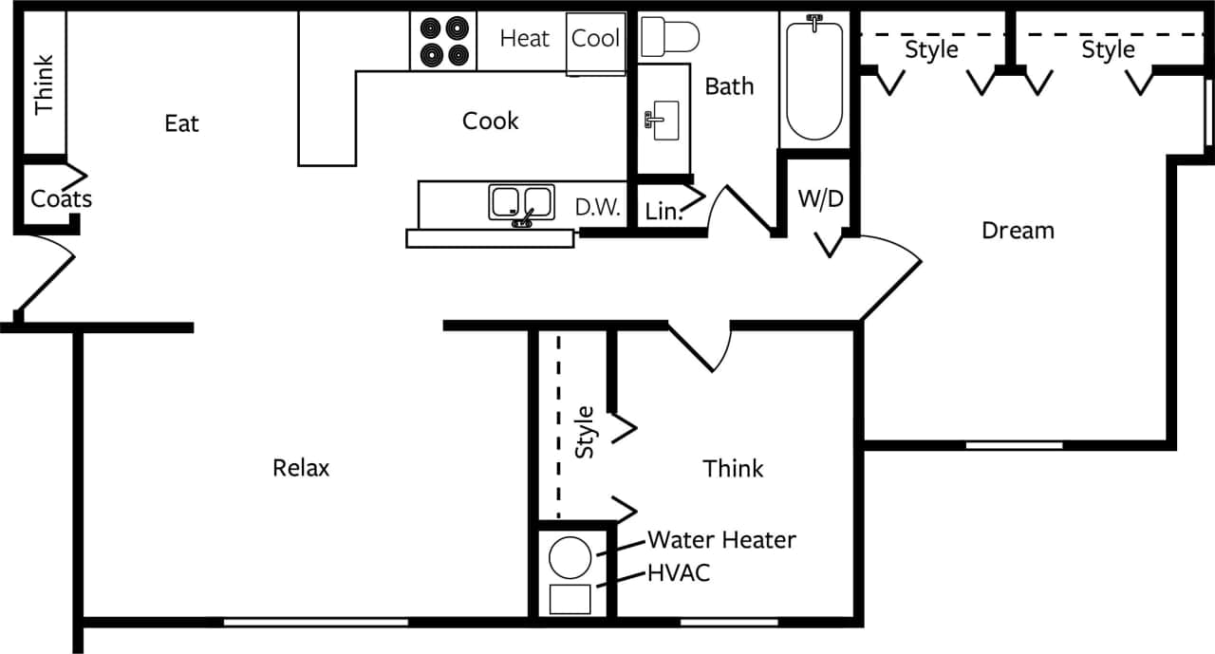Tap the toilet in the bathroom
coord(669,37)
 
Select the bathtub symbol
coord(814,81)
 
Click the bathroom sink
coord(662,121)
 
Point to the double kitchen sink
coord(522,203)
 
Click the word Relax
coord(301,468)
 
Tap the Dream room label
coord(1018,231)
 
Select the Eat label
coord(181,123)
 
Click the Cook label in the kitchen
coord(491,121)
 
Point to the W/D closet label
coord(820,199)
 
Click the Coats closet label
coord(61,199)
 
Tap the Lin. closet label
coord(664,213)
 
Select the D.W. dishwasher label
coord(598,208)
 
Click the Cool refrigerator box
coord(596,39)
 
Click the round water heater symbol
coord(571,557)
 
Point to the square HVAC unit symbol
coord(570,600)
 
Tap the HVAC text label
coord(678,572)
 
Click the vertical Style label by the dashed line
coord(586,433)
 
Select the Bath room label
coord(729,86)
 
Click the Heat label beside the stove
coord(524,39)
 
